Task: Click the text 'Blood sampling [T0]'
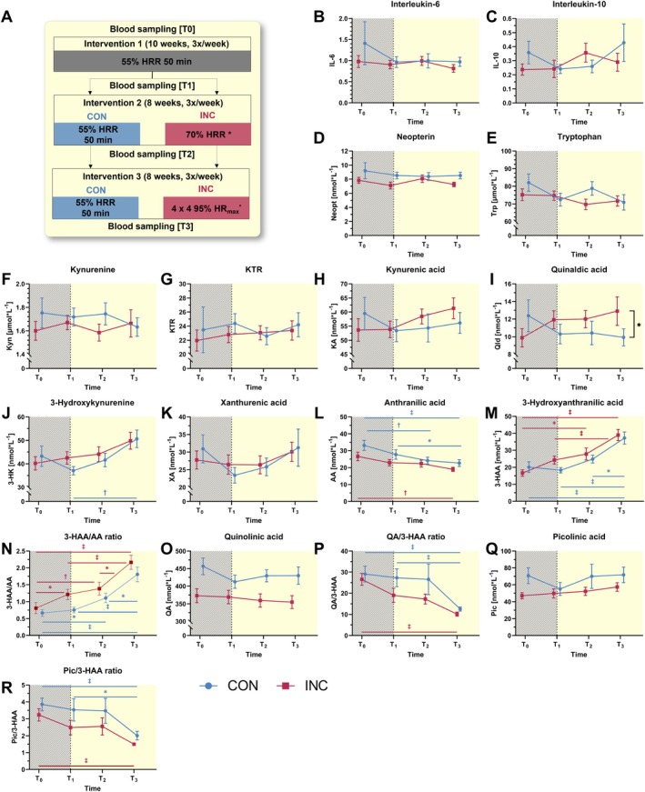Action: (x=136, y=30)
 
